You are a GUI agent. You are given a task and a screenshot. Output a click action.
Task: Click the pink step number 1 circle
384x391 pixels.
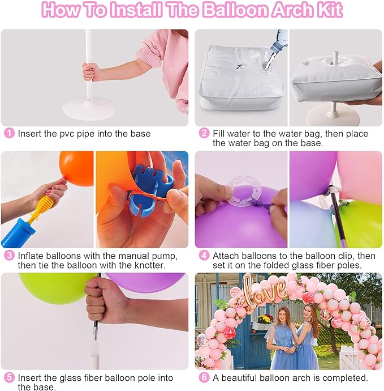point(9,134)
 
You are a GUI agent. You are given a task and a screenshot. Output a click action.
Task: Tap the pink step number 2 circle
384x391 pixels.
point(204,134)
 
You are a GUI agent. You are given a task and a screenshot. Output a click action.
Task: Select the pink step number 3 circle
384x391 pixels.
point(9,256)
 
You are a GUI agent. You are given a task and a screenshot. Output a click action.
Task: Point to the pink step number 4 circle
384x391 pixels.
point(204,256)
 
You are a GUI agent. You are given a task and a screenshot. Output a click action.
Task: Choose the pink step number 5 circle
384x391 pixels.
point(9,377)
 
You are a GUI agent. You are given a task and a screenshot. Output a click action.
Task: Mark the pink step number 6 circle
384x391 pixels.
point(204,377)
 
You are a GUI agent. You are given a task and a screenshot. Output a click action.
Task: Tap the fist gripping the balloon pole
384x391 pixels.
point(105,301)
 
